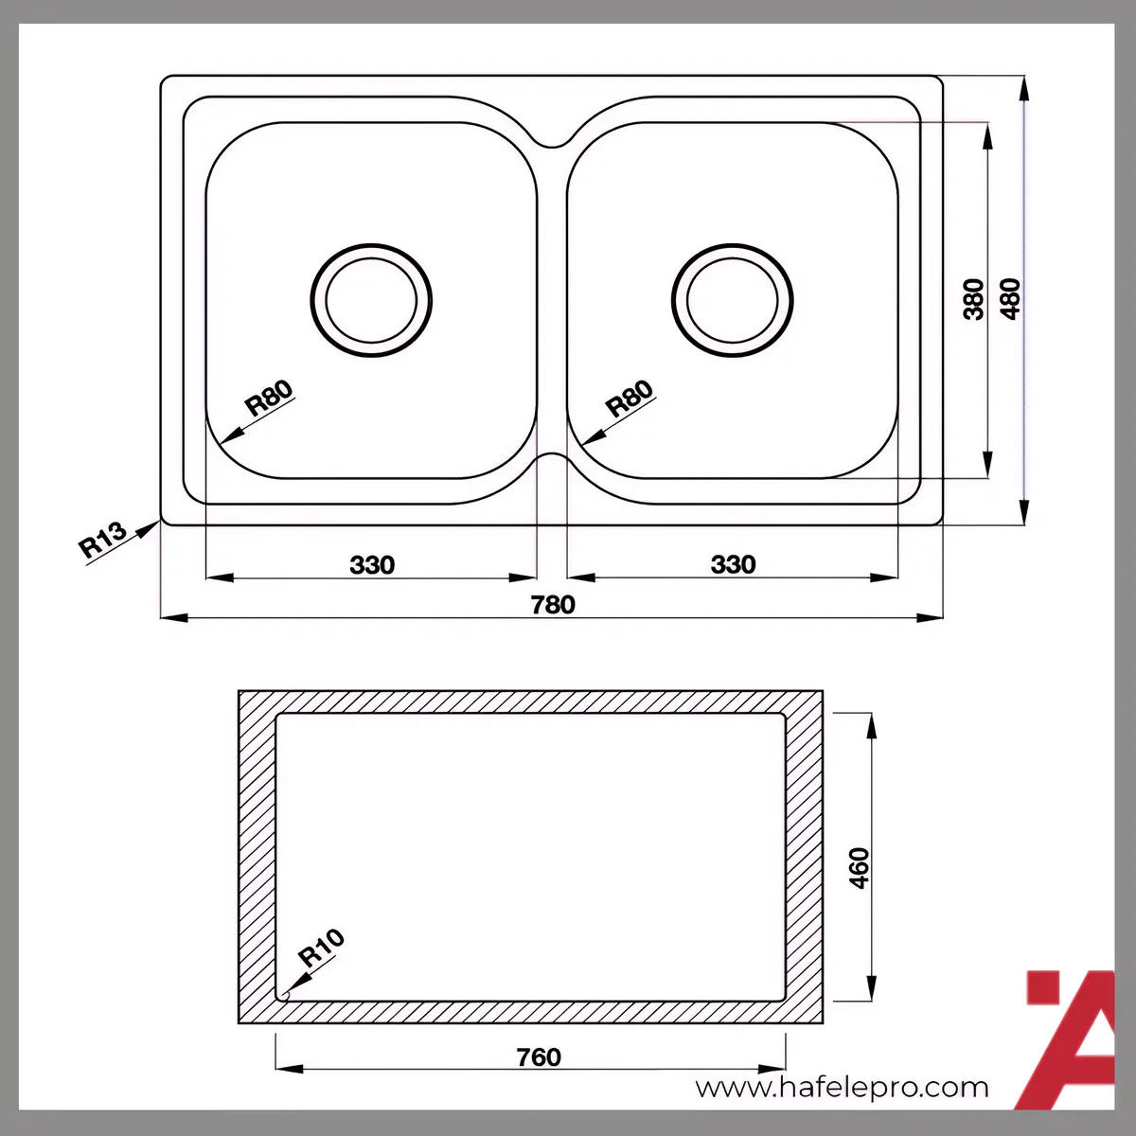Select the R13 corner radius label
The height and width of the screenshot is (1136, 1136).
(x=102, y=540)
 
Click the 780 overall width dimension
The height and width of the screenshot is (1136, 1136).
(x=552, y=605)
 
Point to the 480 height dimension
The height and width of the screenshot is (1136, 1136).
(x=1010, y=299)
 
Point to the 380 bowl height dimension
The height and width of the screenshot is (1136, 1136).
(x=974, y=299)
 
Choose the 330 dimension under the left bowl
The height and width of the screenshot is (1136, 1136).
(x=372, y=565)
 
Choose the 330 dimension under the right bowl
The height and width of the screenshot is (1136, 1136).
(x=733, y=564)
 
